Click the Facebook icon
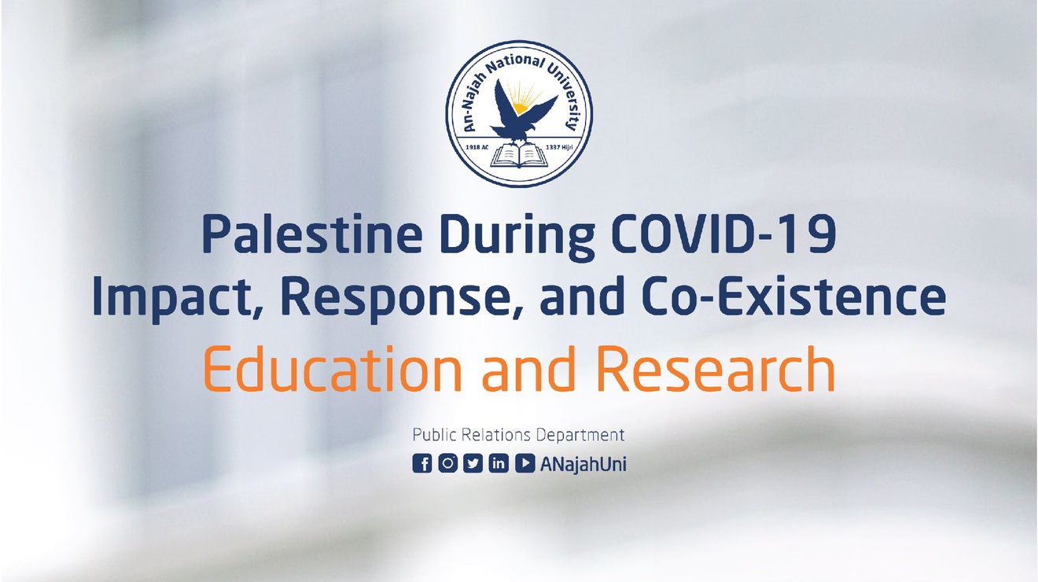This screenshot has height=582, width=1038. (x=421, y=463)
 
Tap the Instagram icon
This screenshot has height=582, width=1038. (x=447, y=463)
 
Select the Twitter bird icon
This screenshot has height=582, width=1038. (x=473, y=463)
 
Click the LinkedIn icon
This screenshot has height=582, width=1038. (x=499, y=463)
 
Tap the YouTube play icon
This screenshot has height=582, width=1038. (x=525, y=463)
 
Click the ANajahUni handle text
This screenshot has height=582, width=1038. (x=583, y=464)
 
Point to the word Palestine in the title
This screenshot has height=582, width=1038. (x=312, y=234)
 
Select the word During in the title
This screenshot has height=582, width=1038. (x=517, y=238)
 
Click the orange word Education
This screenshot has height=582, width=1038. (x=333, y=369)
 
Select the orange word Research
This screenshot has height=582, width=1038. (x=716, y=369)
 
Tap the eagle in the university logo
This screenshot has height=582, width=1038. (x=523, y=110)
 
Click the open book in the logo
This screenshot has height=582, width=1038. (x=519, y=155)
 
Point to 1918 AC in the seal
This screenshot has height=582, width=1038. (x=477, y=147)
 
